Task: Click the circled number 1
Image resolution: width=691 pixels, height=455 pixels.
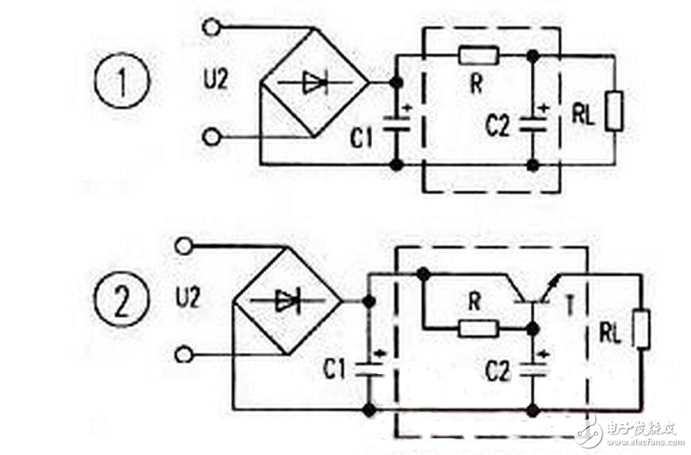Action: [122, 81]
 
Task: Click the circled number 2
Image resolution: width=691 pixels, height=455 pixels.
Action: [121, 300]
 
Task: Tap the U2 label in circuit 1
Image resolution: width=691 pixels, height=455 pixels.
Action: [216, 80]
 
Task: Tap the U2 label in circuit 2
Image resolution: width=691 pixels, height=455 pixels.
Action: [188, 298]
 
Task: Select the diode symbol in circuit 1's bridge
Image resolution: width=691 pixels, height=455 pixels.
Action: [315, 82]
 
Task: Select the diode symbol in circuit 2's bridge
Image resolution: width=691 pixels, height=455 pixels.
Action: [287, 301]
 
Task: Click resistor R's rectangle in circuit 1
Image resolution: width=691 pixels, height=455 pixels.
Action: [478, 56]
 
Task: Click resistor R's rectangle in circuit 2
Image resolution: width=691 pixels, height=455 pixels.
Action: [478, 329]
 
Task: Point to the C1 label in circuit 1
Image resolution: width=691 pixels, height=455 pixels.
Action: [361, 137]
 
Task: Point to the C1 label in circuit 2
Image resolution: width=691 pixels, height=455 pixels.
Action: [335, 369]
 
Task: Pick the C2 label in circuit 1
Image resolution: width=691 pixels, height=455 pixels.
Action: [497, 125]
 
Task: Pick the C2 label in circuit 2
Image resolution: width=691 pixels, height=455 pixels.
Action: [497, 371]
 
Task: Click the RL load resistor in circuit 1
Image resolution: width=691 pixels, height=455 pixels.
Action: [614, 111]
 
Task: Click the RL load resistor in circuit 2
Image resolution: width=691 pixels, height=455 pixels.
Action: [641, 330]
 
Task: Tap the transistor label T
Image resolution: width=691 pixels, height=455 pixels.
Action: [570, 306]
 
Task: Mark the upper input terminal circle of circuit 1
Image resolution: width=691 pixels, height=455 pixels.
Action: [211, 27]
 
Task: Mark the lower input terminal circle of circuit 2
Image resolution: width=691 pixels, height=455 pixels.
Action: [184, 354]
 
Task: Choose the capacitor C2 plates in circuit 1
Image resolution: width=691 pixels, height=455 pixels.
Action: [533, 124]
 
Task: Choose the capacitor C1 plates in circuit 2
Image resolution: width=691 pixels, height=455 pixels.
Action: [369, 369]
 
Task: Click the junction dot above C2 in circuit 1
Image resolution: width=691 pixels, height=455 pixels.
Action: [533, 56]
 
